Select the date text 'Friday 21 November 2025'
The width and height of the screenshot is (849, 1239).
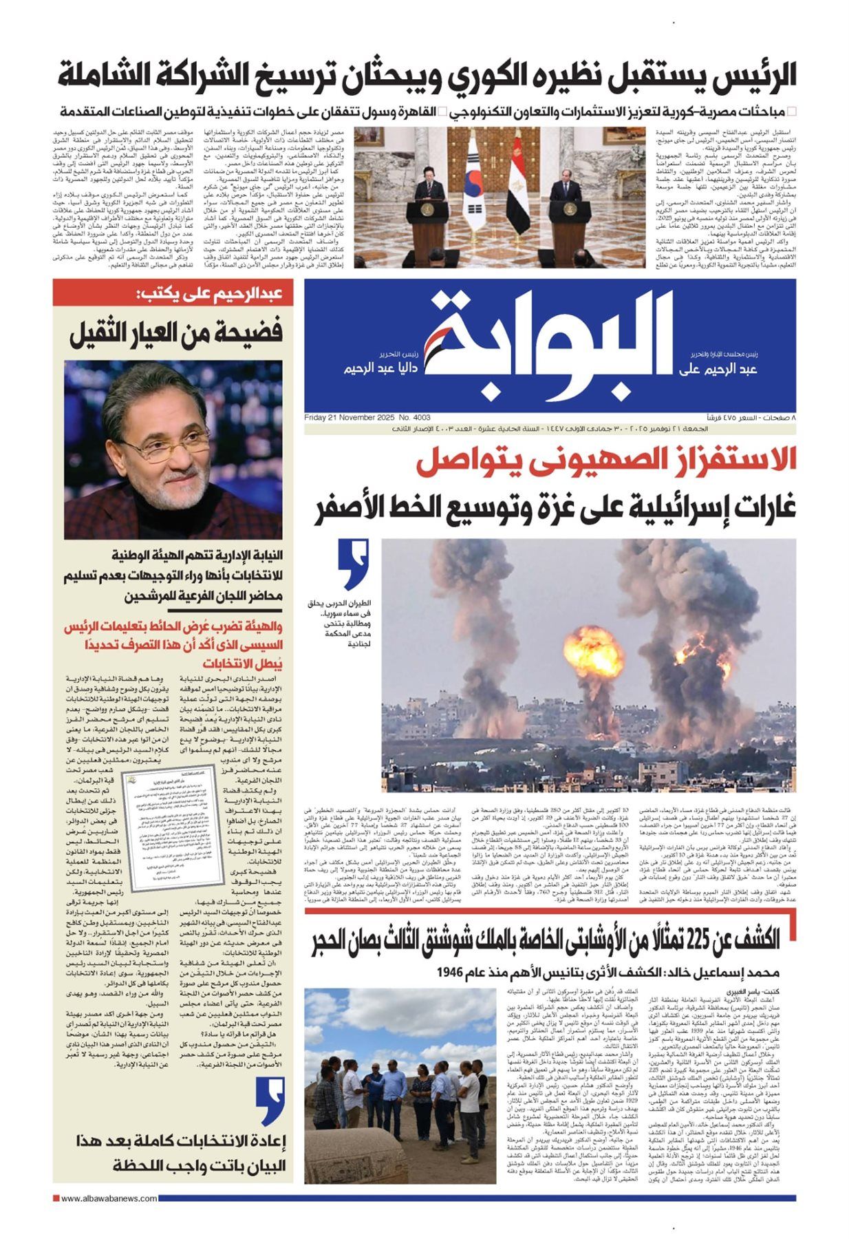(x=350, y=418)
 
